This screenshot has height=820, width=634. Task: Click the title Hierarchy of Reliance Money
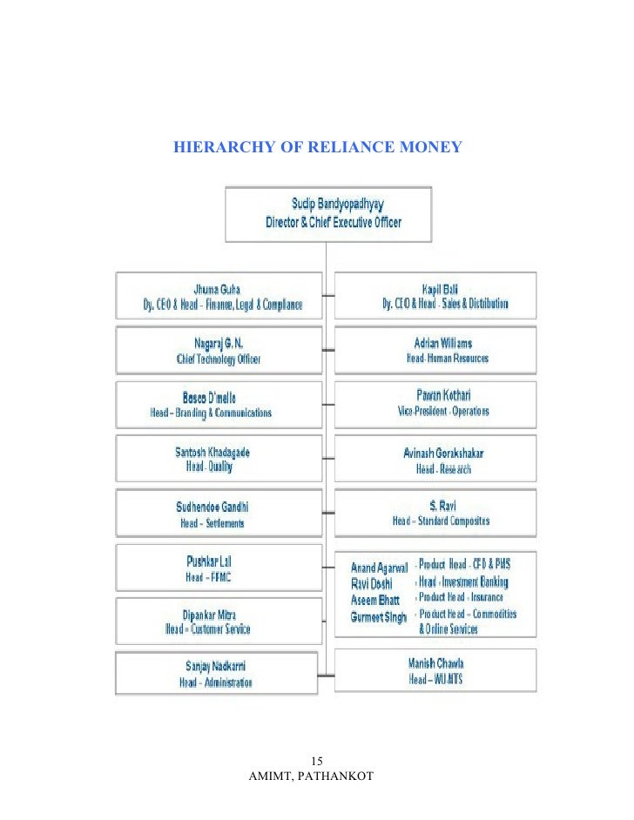pyautogui.click(x=317, y=147)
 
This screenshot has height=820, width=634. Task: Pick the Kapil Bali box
pyautogui.click(x=435, y=296)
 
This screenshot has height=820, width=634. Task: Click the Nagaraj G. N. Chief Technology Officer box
pyautogui.click(x=219, y=351)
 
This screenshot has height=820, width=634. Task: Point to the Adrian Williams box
pyautogui.click(x=435, y=351)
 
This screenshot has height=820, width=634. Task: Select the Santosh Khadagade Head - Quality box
pyautogui.click(x=219, y=459)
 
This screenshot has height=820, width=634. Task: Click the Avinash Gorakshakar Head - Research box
pyautogui.click(x=435, y=460)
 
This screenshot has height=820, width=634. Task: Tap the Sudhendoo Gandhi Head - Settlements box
pyautogui.click(x=219, y=514)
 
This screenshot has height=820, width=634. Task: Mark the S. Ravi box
pyautogui.click(x=435, y=514)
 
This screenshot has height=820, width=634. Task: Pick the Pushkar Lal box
pyautogui.click(x=219, y=568)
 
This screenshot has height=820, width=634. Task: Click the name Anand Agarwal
pyautogui.click(x=379, y=568)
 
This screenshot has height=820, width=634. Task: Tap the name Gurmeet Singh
pyautogui.click(x=379, y=616)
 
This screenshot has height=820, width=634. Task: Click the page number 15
pyautogui.click(x=316, y=758)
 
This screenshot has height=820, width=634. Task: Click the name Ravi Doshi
pyautogui.click(x=371, y=583)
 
